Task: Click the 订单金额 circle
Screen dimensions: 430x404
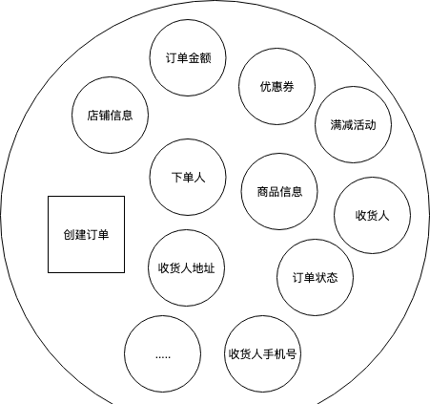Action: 188,57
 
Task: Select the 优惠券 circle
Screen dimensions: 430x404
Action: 277,86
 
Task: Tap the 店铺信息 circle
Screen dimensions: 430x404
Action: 110,115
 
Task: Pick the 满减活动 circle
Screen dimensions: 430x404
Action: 354,124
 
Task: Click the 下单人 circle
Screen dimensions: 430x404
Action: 188,177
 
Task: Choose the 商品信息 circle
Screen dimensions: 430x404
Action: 279,191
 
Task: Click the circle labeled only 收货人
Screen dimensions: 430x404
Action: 372,215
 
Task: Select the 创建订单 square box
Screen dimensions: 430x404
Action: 86,234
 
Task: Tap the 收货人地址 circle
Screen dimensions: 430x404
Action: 186,267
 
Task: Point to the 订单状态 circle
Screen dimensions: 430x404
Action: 315,277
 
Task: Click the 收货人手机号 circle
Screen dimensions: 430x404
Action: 262,353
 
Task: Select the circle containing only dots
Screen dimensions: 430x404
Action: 163,353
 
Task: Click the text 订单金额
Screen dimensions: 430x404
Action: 188,58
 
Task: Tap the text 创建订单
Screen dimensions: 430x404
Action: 86,235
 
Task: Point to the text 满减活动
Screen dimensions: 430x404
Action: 353,125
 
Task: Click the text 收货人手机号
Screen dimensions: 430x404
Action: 262,354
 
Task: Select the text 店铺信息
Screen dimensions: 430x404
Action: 110,116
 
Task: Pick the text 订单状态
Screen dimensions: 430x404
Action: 315,278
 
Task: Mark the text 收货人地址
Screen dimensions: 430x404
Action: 186,268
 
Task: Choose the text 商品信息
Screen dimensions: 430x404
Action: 279,192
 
